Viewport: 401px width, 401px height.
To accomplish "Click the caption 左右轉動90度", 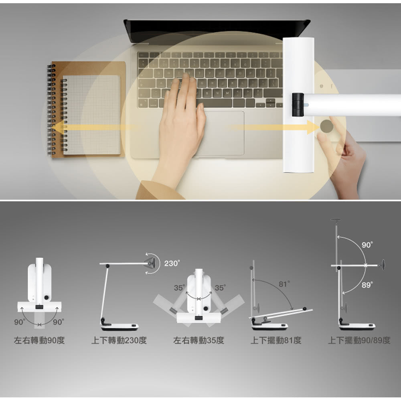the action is (39, 340).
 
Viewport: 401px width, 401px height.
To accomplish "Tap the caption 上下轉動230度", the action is (119, 340).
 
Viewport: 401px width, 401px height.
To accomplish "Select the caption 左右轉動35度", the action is (198, 340).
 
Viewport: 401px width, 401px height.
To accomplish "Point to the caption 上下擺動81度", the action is (276, 340).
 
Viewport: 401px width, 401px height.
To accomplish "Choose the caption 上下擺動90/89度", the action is (359, 340).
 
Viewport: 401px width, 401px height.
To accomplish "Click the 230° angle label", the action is (172, 263).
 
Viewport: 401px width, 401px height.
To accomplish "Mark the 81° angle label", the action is (284, 284).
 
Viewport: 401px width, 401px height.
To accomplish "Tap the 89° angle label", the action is (367, 285).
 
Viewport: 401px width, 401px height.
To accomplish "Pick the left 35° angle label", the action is (180, 288).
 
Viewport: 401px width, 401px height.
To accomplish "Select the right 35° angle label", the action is (220, 288).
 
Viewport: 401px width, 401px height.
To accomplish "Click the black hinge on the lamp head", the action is (298, 105).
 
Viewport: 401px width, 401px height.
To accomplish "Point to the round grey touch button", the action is (326, 126).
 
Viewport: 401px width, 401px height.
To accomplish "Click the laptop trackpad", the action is (219, 133).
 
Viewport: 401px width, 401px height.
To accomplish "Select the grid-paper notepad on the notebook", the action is (91, 115).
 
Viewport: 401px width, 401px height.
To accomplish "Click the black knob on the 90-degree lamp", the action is (47, 298).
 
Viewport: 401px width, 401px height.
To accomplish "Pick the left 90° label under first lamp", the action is (20, 322).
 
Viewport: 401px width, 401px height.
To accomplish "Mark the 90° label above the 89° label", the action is (367, 245).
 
